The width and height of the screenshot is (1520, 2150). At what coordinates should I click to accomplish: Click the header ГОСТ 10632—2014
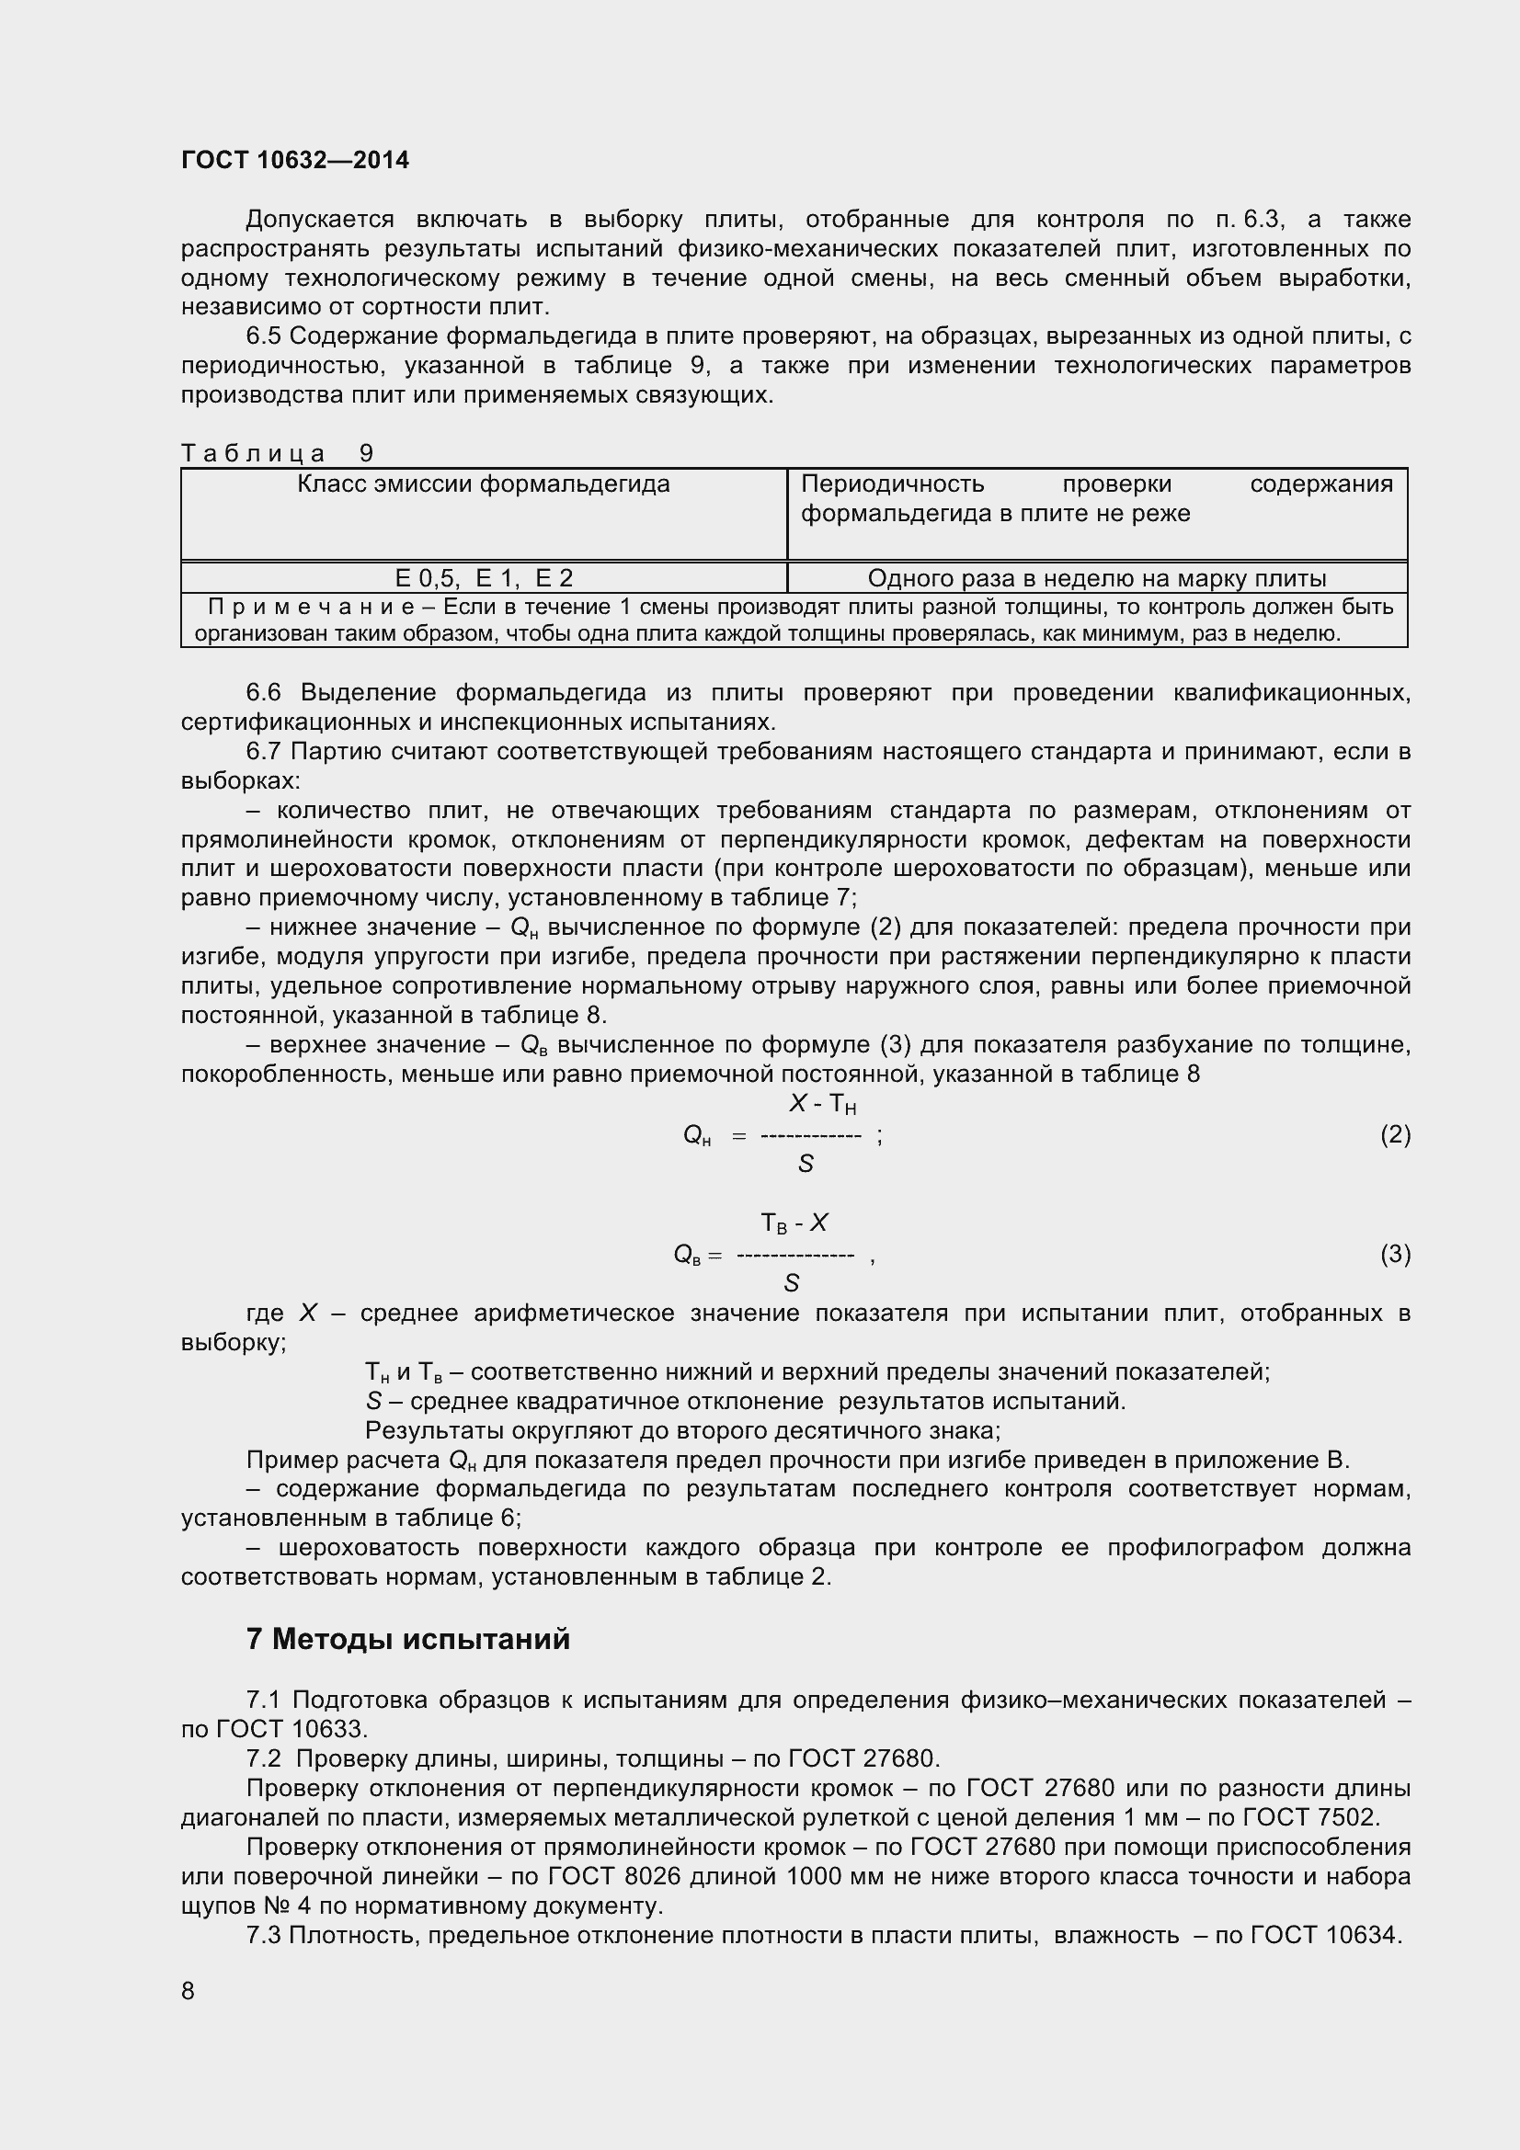point(295,160)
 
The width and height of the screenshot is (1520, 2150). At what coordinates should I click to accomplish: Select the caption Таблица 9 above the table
point(277,453)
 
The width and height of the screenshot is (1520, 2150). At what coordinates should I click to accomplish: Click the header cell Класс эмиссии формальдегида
point(484,484)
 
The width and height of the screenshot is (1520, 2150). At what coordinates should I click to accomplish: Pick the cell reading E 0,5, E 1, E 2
point(484,578)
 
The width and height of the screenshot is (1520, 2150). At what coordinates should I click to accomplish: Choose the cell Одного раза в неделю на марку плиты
point(1097,578)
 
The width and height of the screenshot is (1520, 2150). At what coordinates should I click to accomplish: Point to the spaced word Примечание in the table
point(312,607)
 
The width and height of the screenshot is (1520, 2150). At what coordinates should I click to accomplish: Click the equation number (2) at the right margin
point(1395,1135)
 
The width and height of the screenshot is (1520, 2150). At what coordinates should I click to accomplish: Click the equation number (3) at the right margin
point(1395,1254)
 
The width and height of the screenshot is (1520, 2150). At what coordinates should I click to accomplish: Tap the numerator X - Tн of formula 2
point(822,1105)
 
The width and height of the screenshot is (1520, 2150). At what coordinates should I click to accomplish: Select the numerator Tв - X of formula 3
point(794,1223)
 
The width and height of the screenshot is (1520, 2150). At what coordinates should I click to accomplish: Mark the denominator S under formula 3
point(793,1283)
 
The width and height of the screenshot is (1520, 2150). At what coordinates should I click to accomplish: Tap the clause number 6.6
point(263,693)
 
